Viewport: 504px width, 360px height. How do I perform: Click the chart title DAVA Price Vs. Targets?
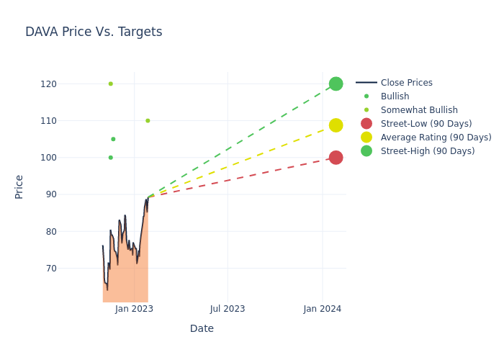click(94, 32)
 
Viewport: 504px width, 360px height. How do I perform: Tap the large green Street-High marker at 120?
click(336, 84)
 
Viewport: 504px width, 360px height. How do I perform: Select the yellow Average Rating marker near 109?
click(336, 125)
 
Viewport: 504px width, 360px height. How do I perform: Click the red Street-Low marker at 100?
click(336, 158)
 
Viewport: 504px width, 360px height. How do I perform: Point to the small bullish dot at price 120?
click(110, 84)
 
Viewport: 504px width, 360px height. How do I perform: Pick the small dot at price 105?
click(113, 139)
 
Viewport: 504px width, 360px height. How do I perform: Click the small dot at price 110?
click(148, 120)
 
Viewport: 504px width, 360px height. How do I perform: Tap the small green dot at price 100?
click(110, 158)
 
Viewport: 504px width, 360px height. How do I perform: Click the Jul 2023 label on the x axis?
click(228, 309)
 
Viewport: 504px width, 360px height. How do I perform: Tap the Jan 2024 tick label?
click(322, 309)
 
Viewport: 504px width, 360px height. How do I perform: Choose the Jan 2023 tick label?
click(134, 309)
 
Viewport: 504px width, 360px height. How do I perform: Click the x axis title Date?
click(202, 329)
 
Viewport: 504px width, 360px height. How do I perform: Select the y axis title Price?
click(19, 186)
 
